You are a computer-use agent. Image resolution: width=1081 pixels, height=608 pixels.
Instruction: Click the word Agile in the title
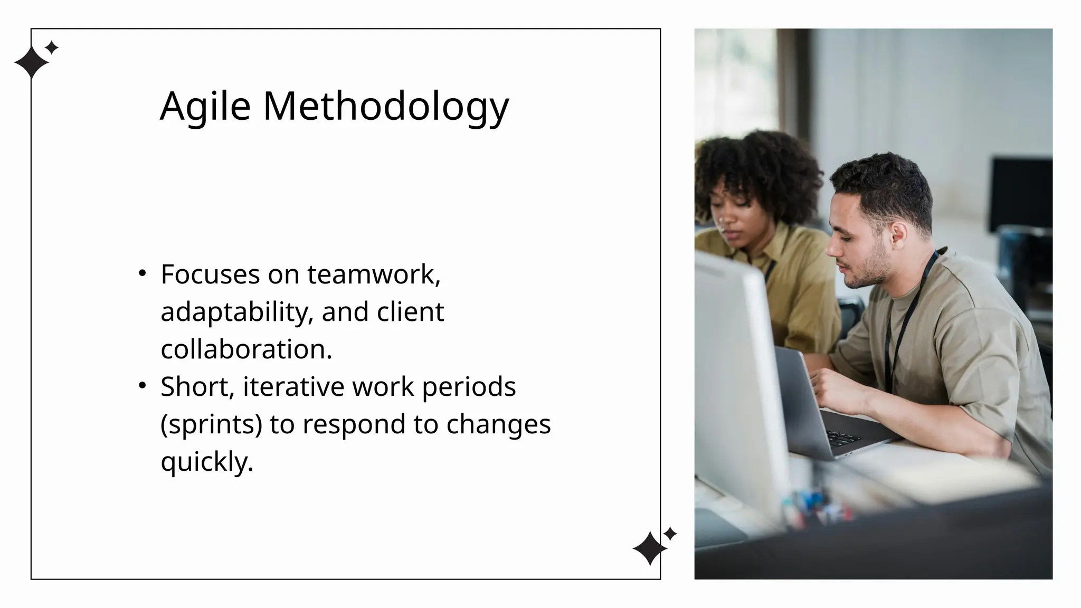[205, 107]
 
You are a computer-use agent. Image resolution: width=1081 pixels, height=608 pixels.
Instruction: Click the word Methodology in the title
[386, 107]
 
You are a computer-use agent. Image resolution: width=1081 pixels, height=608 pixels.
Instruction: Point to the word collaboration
[246, 349]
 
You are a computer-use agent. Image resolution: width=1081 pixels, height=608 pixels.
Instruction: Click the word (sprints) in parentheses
[211, 424]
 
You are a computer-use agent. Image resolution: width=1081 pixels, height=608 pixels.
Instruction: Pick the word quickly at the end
[207, 462]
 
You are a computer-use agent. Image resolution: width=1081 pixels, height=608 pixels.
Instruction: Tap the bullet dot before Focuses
[142, 273]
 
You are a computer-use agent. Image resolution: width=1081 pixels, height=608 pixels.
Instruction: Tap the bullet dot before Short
[142, 386]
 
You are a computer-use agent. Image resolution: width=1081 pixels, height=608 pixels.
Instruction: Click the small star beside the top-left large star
[52, 48]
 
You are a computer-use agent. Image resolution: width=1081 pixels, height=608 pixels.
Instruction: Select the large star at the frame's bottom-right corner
[649, 549]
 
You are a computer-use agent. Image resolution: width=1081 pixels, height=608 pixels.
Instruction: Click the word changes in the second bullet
[498, 424]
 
